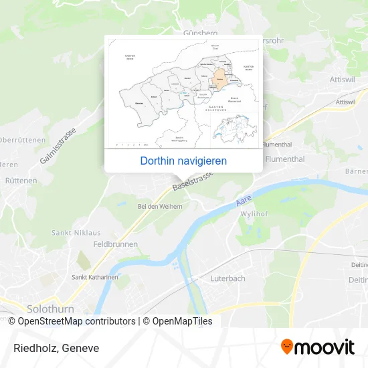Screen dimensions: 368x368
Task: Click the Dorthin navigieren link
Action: pos(183,161)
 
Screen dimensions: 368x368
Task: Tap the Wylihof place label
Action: pos(252,214)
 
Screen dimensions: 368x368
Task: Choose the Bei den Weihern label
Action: pos(159,207)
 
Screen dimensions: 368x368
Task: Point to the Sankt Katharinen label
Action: pos(95,277)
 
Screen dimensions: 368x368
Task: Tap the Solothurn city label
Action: pos(50,309)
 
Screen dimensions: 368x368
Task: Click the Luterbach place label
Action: pos(228,278)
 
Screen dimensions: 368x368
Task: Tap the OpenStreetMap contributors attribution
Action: pos(72,321)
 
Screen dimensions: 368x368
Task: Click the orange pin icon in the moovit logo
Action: pos(287,347)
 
